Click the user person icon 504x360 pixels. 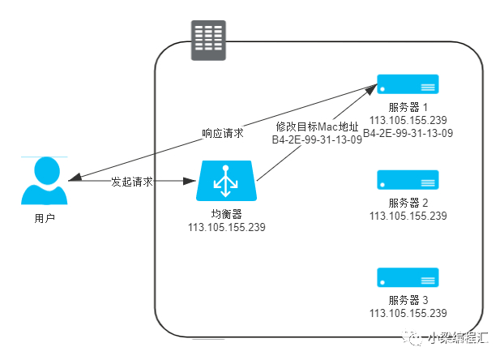point(45,181)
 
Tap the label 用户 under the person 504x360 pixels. point(45,218)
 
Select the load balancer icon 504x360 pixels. point(226,181)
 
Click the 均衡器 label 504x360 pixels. point(227,214)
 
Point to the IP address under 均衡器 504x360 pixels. point(227,228)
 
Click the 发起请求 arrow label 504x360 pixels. point(132,182)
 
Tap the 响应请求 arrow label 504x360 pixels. point(223,133)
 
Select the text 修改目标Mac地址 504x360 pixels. point(317,126)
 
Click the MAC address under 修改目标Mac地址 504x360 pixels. point(317,140)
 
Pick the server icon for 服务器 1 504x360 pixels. point(408,84)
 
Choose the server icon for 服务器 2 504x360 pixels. point(408,180)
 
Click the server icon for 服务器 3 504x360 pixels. point(408,277)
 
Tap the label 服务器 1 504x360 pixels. point(408,107)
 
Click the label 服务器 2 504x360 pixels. point(408,203)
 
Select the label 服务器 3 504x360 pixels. point(408,300)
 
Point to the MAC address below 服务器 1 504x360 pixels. point(408,133)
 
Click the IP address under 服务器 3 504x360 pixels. point(408,313)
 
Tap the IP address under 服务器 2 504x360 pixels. point(408,216)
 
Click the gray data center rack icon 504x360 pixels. point(208,41)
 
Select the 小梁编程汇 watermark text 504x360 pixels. point(458,338)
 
